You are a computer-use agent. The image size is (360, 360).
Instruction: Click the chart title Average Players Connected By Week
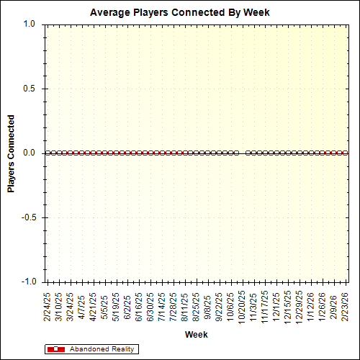[179, 12]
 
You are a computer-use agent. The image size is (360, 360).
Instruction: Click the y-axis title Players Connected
[11, 153]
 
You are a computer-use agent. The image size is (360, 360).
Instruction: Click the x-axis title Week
[196, 335]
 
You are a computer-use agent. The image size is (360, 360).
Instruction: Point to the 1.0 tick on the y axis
[29, 24]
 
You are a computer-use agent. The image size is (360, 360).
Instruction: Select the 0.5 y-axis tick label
[29, 89]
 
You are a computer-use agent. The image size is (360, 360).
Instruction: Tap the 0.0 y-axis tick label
[29, 153]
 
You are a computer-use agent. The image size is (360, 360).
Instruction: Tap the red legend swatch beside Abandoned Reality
[55, 349]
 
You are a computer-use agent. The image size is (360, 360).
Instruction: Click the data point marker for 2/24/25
[47, 153]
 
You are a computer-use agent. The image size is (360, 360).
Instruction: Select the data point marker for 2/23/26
[346, 153]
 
